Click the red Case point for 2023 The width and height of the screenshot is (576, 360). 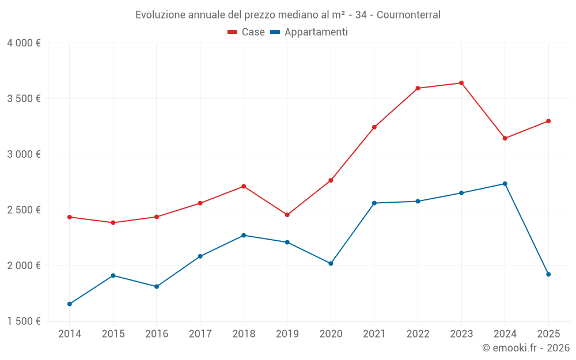[461, 83]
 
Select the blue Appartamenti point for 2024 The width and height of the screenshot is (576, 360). [505, 184]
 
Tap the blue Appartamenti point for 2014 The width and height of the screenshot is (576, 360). [70, 304]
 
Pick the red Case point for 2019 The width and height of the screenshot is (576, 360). [287, 215]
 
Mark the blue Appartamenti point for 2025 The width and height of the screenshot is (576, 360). [548, 274]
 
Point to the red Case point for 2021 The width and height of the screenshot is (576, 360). [374, 127]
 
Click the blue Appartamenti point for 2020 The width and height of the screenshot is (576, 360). [331, 263]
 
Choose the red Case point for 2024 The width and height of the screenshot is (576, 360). [505, 138]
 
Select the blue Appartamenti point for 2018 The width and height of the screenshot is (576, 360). [244, 235]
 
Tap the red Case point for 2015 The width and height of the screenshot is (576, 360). [113, 222]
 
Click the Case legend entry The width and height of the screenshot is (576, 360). [247, 32]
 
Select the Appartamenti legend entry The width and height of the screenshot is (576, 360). [309, 32]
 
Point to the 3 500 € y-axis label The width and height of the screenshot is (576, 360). [24, 98]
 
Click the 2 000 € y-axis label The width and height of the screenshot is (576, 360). [24, 266]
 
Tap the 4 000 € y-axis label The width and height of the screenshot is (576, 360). [24, 43]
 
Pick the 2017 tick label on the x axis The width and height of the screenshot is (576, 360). [200, 334]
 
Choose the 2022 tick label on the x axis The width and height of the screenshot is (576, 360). [418, 334]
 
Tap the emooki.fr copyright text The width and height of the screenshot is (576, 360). [525, 348]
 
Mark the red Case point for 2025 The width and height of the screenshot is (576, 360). [548, 121]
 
